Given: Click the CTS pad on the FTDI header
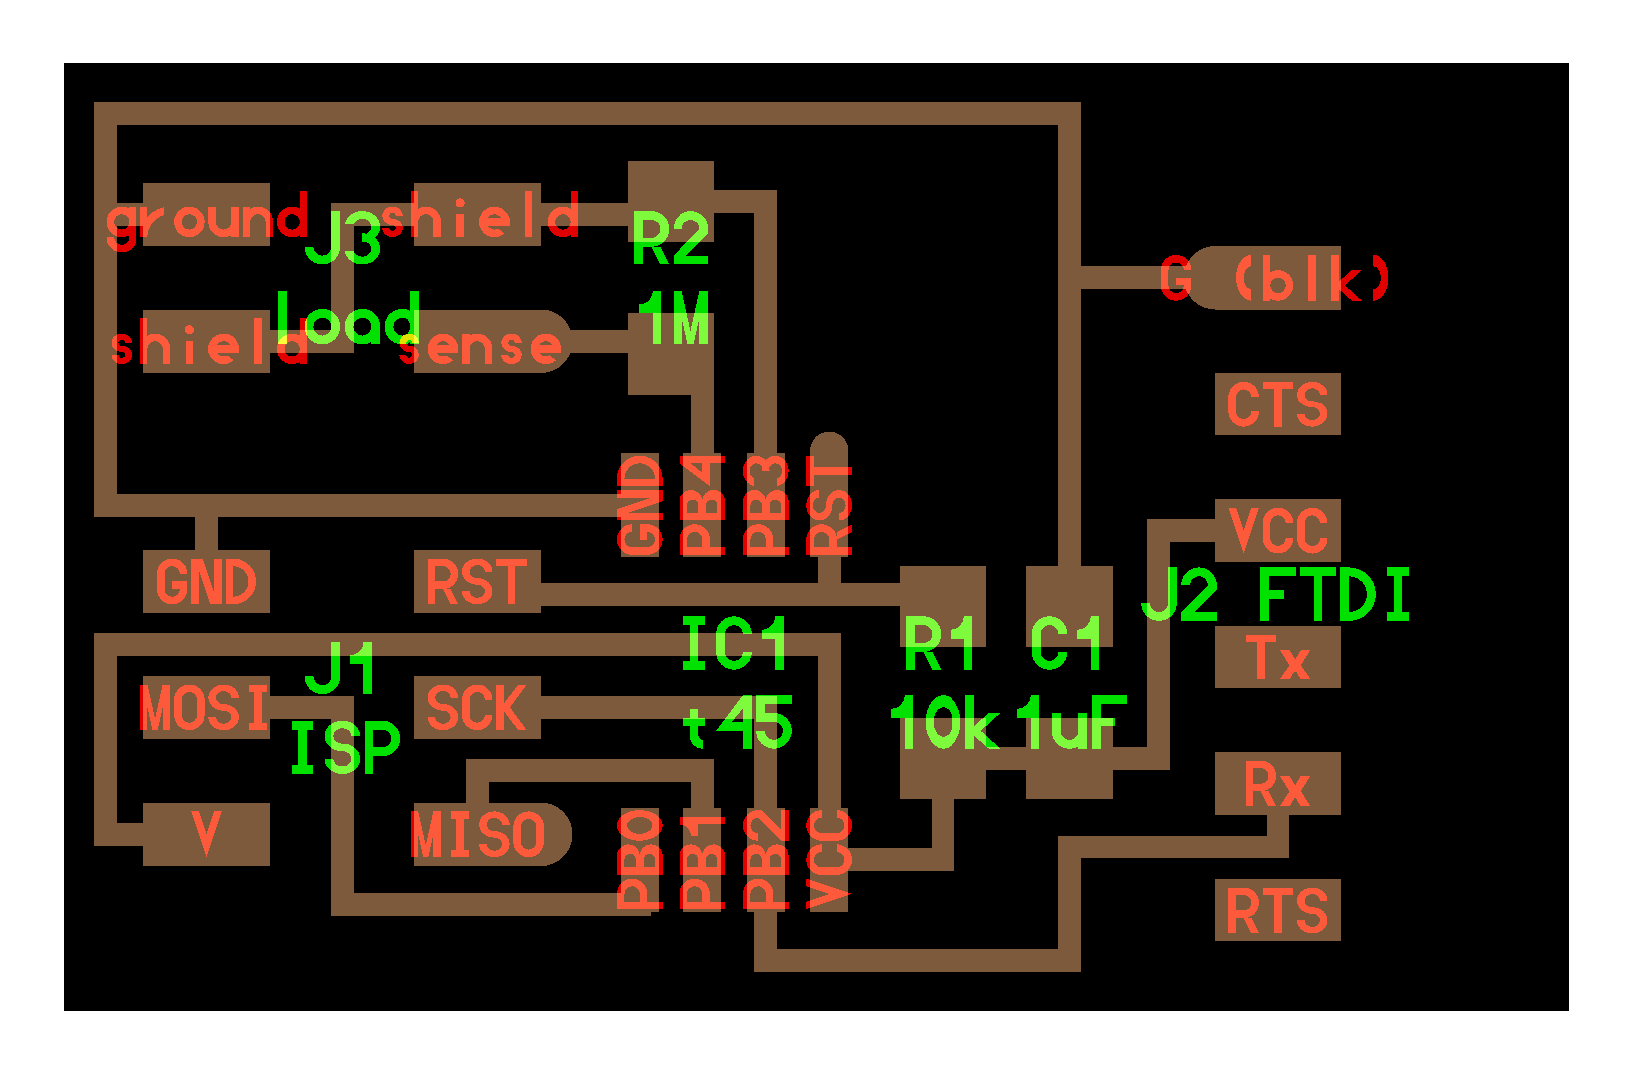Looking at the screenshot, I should coord(1276,403).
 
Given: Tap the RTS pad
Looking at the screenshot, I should coord(1276,910).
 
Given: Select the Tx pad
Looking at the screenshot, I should coord(1276,658).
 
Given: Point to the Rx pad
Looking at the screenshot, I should coord(1276,784).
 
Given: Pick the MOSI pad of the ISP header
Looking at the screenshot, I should coord(206,708).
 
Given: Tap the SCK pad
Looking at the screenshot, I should coord(476,708).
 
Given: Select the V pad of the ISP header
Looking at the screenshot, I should coord(206,835).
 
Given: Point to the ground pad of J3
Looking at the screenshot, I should coord(206,215).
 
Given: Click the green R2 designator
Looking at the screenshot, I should coord(671,239).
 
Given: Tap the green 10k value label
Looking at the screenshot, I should coord(944,724).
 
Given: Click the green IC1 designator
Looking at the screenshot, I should coord(735,643).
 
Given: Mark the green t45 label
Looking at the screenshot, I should coord(738,724).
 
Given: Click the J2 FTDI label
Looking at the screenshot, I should coord(1275,595).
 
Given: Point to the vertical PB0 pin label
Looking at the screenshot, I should coord(640,859).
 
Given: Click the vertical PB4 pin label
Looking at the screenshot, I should coord(702,505).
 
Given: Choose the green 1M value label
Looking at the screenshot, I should coord(675,320).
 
